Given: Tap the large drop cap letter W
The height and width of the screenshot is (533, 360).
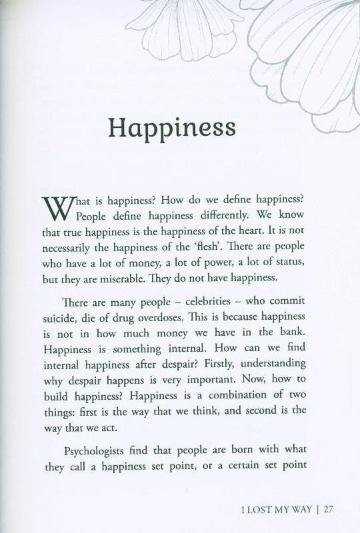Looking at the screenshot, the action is click(x=57, y=209).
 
